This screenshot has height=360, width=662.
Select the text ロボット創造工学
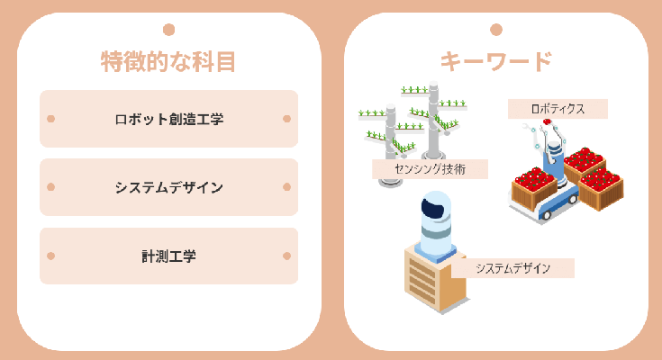(x=168, y=119)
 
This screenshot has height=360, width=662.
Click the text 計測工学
(x=168, y=256)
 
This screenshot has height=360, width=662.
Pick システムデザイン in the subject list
(x=168, y=187)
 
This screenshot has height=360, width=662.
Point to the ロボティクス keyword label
(x=558, y=109)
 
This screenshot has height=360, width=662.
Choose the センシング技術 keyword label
(x=430, y=168)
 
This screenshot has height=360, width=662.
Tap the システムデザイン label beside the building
(x=512, y=268)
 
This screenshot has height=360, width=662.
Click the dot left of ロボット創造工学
(x=51, y=119)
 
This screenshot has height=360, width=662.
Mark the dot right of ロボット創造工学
(x=286, y=119)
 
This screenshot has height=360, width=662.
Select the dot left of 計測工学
(x=51, y=256)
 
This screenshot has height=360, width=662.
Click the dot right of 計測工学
(x=286, y=256)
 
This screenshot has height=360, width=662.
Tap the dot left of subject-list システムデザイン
(x=51, y=187)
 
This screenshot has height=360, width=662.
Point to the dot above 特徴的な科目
(x=168, y=29)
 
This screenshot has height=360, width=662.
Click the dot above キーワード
(x=495, y=29)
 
